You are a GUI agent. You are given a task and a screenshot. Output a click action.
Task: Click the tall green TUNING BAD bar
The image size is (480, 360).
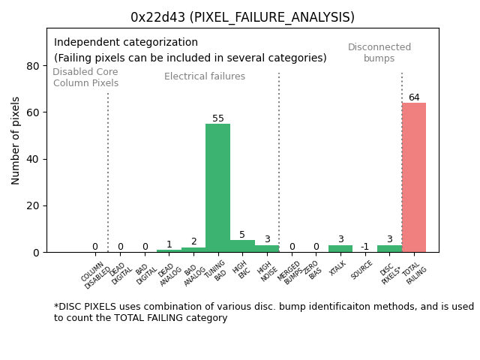217,187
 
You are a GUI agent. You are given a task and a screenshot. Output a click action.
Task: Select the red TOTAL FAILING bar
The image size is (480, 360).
413,177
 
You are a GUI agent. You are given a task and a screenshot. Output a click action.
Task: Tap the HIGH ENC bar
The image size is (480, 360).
242,246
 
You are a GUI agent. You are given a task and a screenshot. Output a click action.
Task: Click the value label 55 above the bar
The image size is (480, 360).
217,118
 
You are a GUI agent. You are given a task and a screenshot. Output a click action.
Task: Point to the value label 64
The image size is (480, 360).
413,97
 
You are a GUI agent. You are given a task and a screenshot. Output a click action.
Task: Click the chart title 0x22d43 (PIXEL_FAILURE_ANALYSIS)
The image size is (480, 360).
242,17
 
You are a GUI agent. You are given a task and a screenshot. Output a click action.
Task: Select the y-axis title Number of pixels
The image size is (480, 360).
16,140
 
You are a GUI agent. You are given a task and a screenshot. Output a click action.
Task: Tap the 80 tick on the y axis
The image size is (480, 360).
33,66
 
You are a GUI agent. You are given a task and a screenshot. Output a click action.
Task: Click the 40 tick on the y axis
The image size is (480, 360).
33,159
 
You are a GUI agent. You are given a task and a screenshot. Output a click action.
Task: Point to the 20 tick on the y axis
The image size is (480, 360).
33,205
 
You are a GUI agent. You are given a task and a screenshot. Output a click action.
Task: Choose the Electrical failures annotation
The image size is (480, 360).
205,76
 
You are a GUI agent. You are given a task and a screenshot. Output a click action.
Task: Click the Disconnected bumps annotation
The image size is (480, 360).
379,53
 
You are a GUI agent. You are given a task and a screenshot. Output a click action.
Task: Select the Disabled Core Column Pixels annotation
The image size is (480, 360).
85,78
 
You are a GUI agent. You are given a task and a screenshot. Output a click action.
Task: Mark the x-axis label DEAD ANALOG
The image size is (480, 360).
168,274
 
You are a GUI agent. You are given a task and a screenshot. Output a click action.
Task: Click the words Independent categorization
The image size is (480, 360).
126,43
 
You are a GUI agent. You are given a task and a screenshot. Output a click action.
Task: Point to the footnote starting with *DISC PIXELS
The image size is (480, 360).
263,312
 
